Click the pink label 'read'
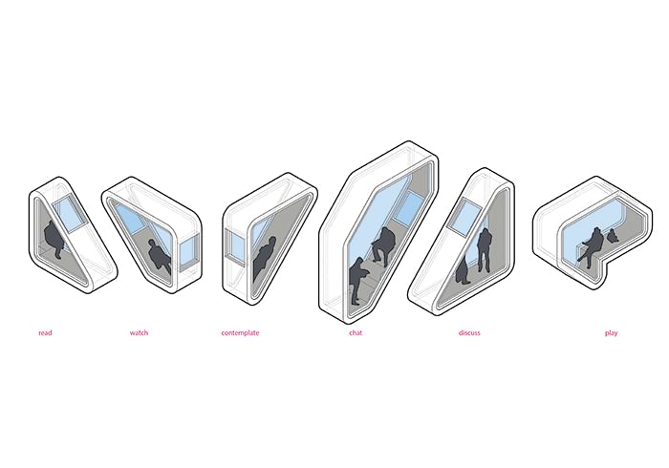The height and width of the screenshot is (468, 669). [45, 333]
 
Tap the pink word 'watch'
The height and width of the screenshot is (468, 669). [140, 333]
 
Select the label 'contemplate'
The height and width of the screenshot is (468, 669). [240, 333]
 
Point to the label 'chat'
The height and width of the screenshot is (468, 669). [356, 333]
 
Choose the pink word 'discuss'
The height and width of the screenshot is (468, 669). [469, 333]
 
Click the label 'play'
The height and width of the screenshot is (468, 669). [611, 333]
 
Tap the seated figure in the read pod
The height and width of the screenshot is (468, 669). [54, 240]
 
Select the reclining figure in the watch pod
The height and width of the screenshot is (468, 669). [160, 256]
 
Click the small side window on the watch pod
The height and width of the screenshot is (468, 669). [188, 253]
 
